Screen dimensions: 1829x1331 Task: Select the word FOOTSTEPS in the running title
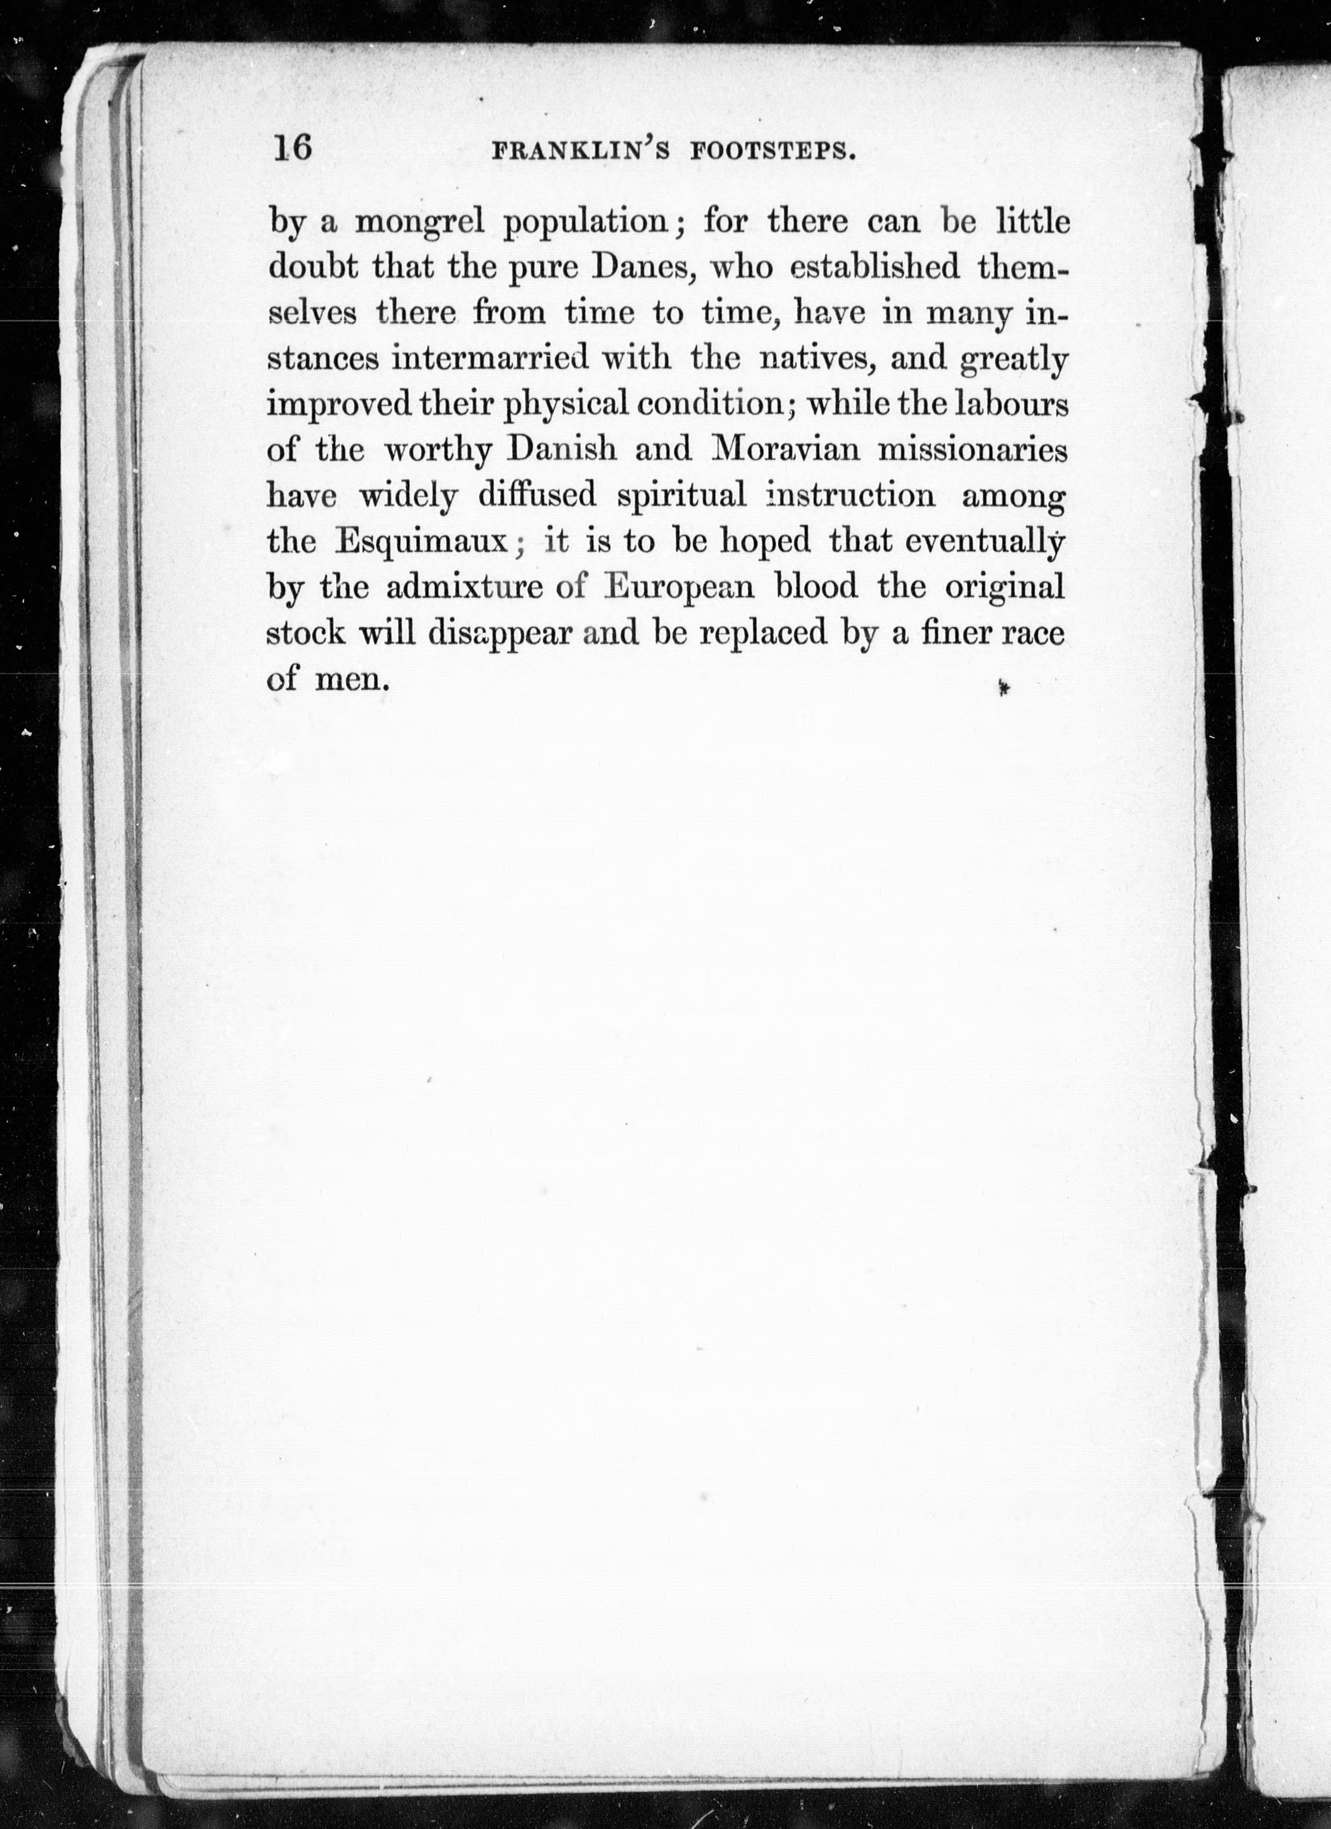coord(773,152)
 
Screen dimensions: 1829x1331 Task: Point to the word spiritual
coord(682,496)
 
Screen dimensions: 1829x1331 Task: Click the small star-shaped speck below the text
coord(1003,688)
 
